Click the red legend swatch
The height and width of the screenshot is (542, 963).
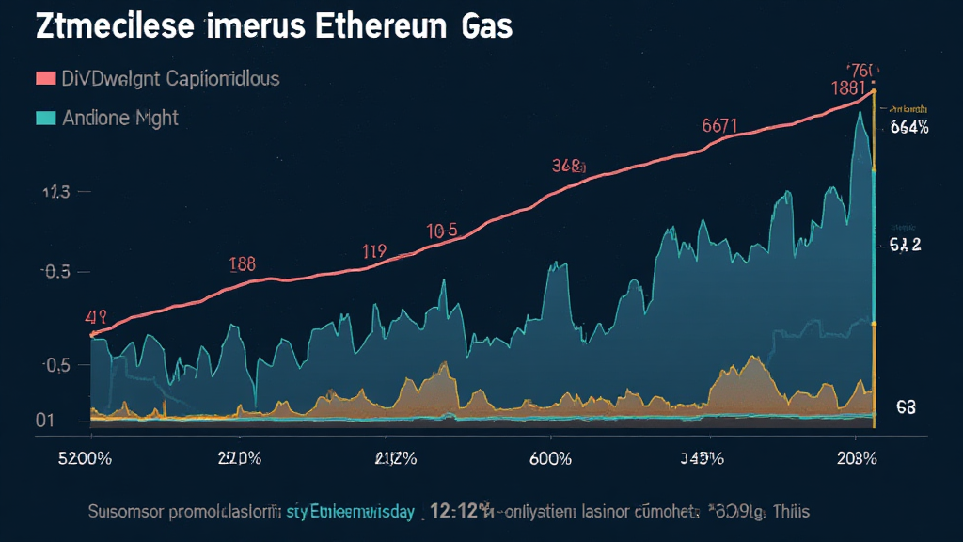pos(44,79)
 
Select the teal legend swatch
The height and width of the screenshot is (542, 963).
pos(44,119)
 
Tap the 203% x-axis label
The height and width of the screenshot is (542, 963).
pos(856,459)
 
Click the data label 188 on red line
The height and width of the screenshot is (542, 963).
pos(243,263)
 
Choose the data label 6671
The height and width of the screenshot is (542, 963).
pos(720,125)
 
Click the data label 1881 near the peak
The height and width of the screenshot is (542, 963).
pos(849,88)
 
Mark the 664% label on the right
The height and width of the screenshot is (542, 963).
pos(908,129)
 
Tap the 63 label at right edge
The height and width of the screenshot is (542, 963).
pos(906,407)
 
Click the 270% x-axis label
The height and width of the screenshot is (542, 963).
pos(238,459)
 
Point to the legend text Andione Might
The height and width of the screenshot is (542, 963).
pos(120,119)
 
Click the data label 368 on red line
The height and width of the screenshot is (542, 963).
pos(568,167)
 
